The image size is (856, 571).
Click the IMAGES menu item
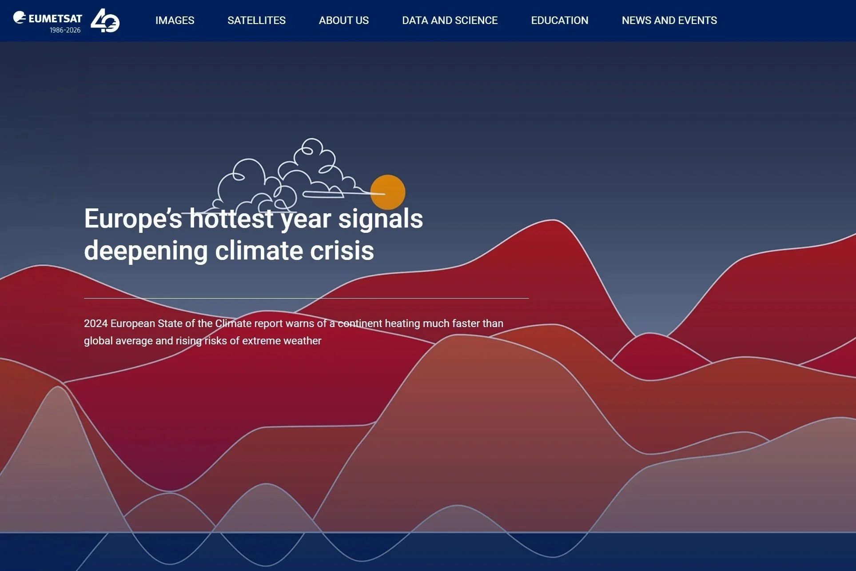175,20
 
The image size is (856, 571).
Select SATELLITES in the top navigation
256,20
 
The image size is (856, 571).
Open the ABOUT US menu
343,20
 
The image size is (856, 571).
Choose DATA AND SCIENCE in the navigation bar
450,20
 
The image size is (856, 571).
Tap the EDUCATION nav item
559,20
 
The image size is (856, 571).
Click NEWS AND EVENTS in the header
669,20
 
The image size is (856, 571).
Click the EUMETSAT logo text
55,19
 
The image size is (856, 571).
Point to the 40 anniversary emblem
105,21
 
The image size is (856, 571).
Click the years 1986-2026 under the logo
65,30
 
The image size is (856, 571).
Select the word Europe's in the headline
133,219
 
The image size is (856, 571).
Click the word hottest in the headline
231,219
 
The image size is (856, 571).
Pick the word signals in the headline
380,219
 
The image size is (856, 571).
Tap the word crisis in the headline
342,251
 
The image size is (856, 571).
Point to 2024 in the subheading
96,323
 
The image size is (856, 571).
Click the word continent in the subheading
359,323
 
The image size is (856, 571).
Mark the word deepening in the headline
146,251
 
